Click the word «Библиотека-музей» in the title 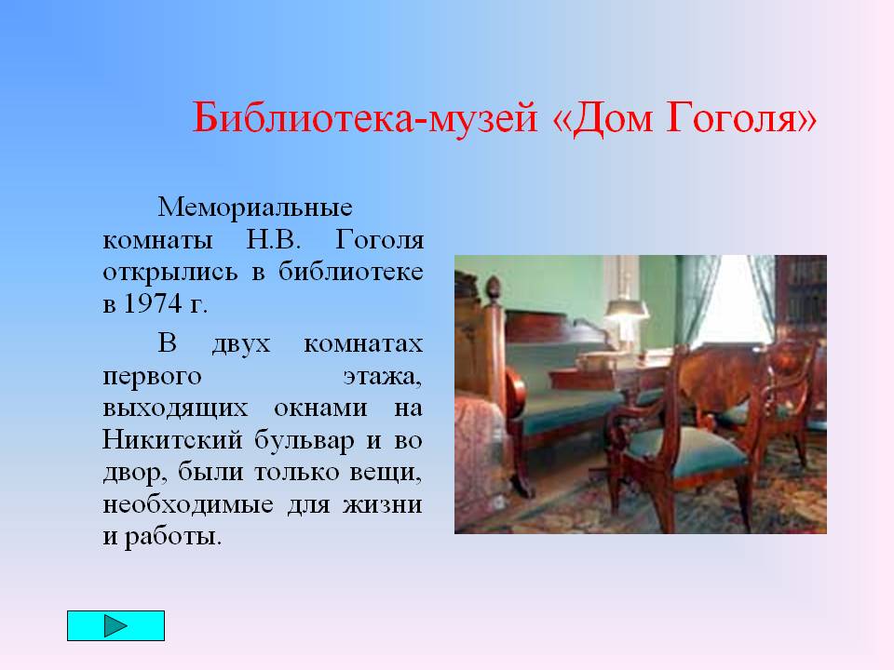click(x=365, y=118)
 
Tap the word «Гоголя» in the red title click(x=742, y=118)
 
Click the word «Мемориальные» click(x=255, y=207)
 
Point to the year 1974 click(x=153, y=303)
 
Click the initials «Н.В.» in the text click(x=274, y=239)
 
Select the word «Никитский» click(x=172, y=440)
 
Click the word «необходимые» click(x=188, y=504)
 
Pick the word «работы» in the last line click(x=173, y=537)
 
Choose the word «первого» click(x=152, y=377)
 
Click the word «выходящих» click(x=175, y=409)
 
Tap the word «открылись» click(x=169, y=273)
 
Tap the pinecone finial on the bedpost click(x=493, y=286)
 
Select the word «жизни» click(x=382, y=504)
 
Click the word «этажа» click(x=383, y=377)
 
